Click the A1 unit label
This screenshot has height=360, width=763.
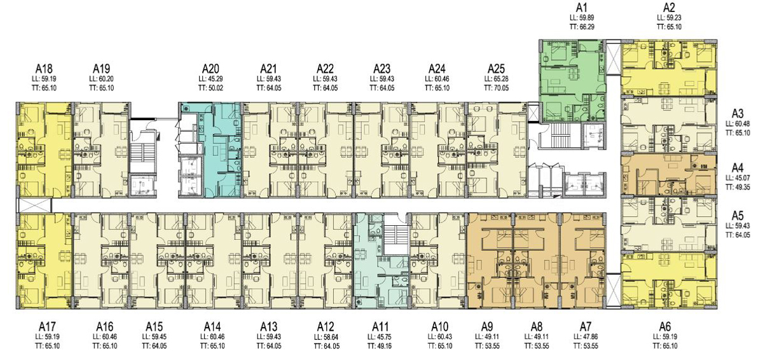point(582,7)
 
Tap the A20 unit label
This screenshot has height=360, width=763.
point(210,69)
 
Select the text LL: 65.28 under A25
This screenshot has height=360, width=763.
point(496,79)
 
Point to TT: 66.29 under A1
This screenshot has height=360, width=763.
point(582,27)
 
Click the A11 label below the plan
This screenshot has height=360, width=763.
point(380,327)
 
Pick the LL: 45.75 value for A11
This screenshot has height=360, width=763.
point(380,337)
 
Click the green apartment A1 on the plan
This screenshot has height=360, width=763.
point(573,80)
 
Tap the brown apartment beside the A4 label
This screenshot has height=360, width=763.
point(669,175)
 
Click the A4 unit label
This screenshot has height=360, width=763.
point(738,168)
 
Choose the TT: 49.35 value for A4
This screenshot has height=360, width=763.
point(738,187)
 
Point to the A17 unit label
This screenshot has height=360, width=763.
point(47,327)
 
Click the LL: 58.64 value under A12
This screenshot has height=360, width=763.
point(326,337)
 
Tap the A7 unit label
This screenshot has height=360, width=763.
point(586,327)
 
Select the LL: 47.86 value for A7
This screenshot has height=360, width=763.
point(586,337)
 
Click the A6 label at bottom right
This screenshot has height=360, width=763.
point(665,327)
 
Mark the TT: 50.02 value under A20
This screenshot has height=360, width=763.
point(210,88)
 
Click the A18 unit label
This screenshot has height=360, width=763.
point(45,69)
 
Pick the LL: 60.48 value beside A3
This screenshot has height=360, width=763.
point(738,123)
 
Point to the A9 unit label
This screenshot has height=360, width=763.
point(487,327)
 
